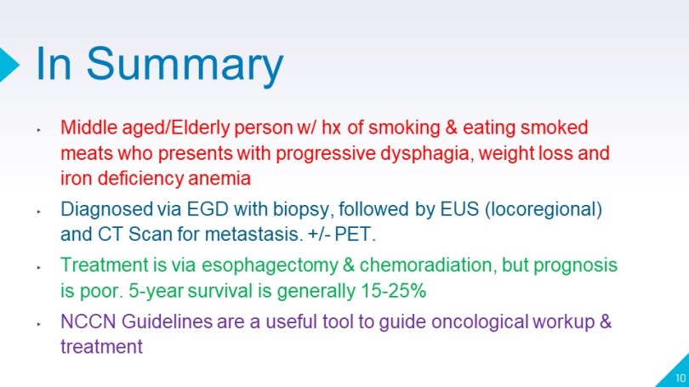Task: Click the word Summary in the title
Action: pos(185,65)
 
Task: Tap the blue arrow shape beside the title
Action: pos(9,65)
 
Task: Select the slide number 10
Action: pos(680,378)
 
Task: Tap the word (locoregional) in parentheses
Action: pos(544,209)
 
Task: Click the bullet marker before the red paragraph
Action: pos(39,129)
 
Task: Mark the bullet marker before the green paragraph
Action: pos(39,267)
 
